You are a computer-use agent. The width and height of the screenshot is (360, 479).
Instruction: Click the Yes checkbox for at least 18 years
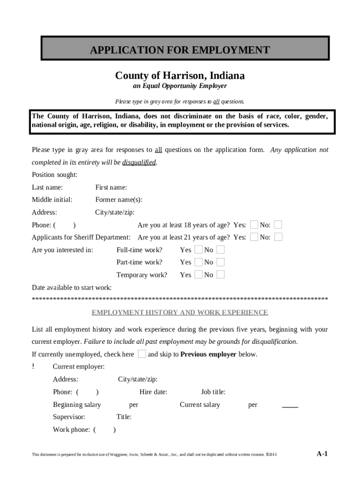254,225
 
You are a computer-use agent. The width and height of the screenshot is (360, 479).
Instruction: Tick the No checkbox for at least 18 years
278,225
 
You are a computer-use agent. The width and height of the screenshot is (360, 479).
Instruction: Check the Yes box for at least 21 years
254,237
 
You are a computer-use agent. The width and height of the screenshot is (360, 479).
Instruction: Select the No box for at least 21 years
278,237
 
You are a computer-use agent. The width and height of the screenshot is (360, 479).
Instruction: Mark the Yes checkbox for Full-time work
198,250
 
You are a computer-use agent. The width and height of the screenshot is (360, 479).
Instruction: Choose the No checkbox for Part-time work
220,262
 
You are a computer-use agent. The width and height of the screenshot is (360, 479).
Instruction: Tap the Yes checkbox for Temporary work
198,275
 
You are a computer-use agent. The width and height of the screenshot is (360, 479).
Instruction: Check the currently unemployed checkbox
142,354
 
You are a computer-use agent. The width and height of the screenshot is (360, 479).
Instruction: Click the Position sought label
54,175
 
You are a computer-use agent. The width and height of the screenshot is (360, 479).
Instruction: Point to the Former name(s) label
119,200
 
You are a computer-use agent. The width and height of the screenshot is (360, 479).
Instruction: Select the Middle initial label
52,200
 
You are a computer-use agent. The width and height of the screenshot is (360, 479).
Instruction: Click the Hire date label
153,392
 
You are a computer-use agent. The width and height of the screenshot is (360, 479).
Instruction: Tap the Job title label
213,392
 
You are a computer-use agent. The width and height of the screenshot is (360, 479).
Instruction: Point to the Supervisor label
69,417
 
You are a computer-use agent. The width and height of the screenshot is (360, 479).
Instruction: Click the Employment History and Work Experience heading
180,312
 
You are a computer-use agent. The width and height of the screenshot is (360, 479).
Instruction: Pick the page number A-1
322,453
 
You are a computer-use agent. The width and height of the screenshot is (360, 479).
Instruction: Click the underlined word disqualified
139,162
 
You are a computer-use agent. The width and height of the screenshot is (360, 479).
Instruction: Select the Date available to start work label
72,287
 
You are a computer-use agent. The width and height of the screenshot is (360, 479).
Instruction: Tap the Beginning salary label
77,405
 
